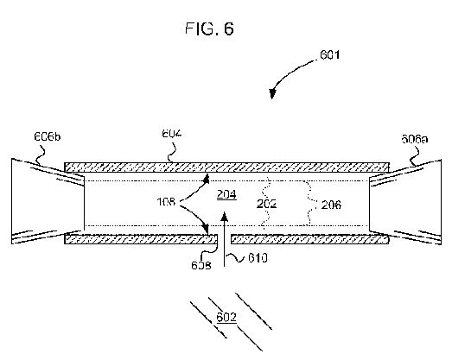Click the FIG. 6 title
pos(209,28)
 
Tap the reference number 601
pos(330,54)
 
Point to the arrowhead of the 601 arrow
pos(272,93)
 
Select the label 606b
pos(48,136)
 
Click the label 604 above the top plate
pos(172,134)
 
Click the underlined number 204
pos(227,195)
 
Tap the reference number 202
pos(267,204)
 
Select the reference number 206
pos(331,205)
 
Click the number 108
pos(166,202)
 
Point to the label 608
pos(201,265)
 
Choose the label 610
pos(258,258)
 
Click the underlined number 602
pos(226,317)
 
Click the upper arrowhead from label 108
pos(206,179)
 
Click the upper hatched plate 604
pos(227,167)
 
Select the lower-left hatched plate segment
pos(141,239)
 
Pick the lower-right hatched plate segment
pos(310,239)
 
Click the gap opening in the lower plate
pos(225,239)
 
